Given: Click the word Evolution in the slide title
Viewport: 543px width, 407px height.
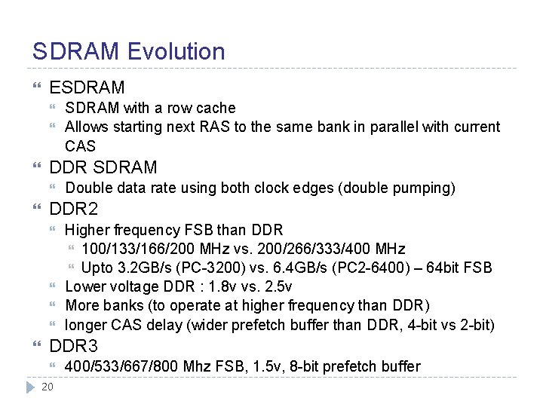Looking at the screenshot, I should [x=176, y=51].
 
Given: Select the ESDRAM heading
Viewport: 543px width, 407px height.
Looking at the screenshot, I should [x=87, y=87].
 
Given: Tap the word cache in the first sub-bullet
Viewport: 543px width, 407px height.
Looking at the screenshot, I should [x=217, y=108].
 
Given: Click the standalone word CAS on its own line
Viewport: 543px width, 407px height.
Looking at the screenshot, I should [x=80, y=145].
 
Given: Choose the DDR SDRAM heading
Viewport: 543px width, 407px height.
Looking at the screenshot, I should [x=103, y=167].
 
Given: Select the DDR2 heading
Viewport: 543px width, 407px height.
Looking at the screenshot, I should [x=73, y=209].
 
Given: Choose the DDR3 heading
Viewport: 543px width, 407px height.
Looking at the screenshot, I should [x=73, y=346].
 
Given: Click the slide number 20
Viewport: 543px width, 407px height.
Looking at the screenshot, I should [x=47, y=387].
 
